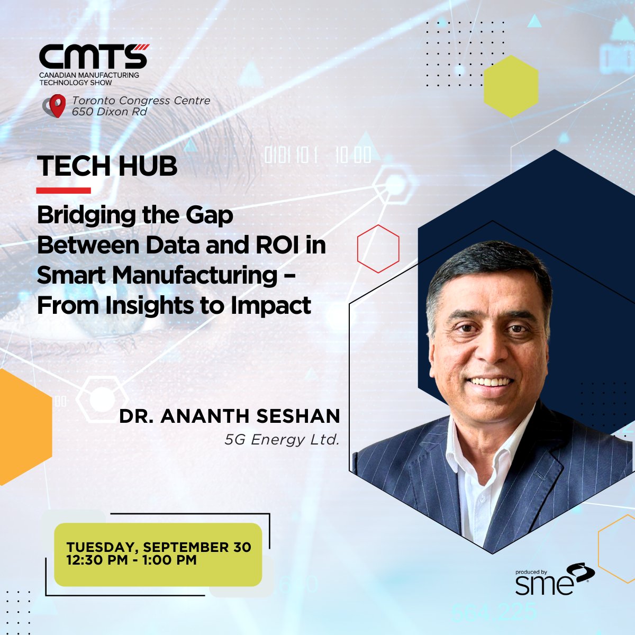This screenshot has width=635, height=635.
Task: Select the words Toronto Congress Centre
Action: click(x=141, y=101)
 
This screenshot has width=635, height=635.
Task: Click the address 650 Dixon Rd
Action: click(x=109, y=112)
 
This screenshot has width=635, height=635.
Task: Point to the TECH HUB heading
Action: click(x=107, y=166)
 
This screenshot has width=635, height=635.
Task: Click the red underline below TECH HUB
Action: click(x=63, y=190)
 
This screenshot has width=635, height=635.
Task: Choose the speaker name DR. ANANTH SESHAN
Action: click(x=230, y=416)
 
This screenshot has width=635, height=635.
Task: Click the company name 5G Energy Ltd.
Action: click(x=282, y=440)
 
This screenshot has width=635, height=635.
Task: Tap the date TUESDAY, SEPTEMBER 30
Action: click(x=159, y=547)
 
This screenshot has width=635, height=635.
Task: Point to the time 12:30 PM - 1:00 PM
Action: click(x=132, y=560)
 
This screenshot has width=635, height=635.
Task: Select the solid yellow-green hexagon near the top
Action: click(x=511, y=86)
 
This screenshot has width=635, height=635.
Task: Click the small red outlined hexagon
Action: click(x=378, y=249)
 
